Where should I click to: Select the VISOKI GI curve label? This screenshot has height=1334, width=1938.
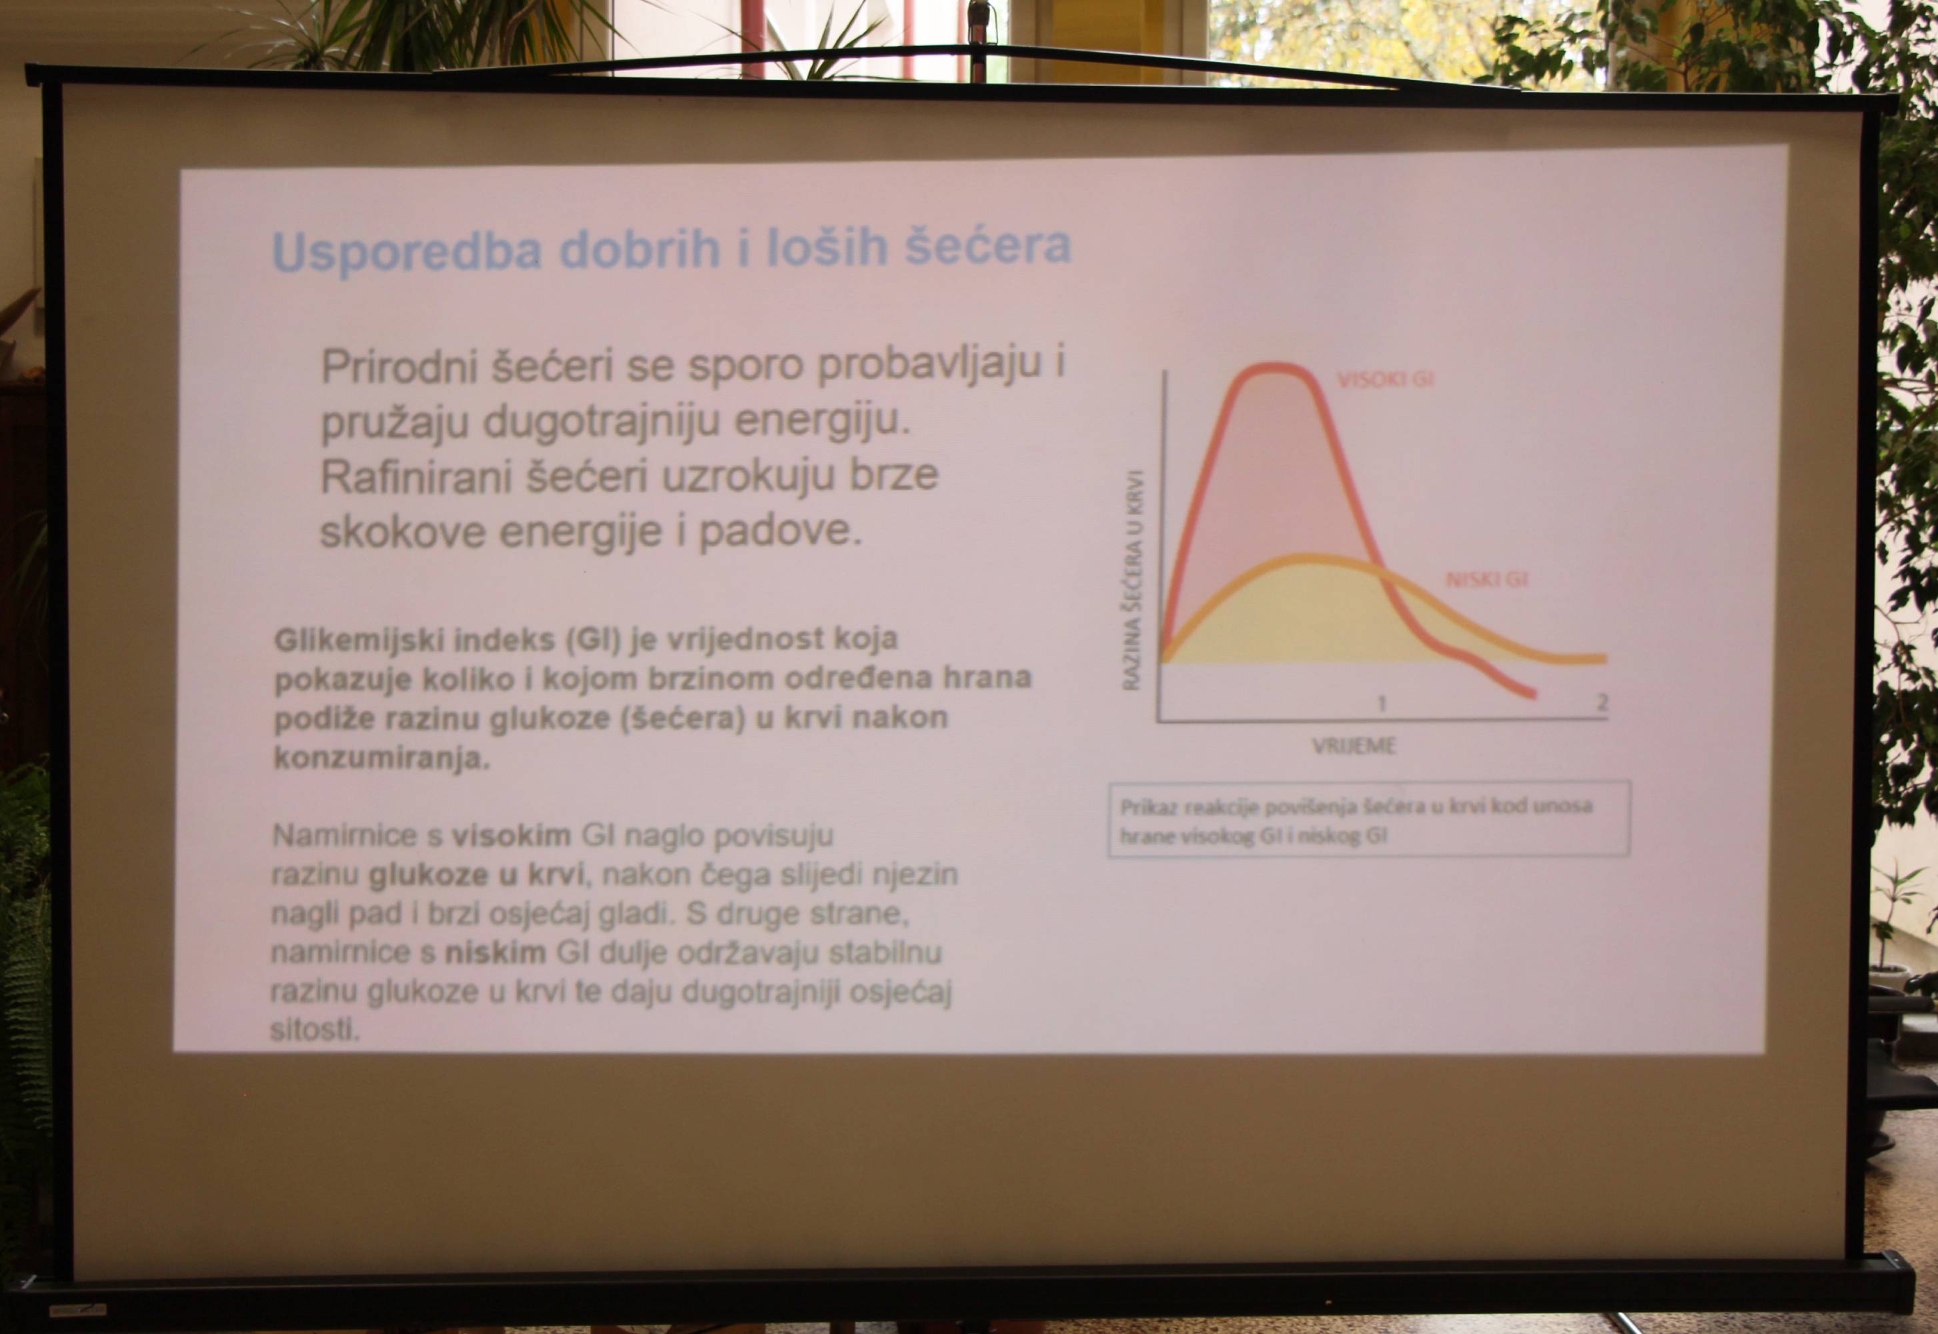coord(1386,380)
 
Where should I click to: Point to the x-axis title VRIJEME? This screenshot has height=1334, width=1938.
coord(1354,746)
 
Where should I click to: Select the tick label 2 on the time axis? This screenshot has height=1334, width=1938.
coord(1602,702)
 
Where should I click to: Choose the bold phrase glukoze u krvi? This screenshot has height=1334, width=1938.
coord(479,874)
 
